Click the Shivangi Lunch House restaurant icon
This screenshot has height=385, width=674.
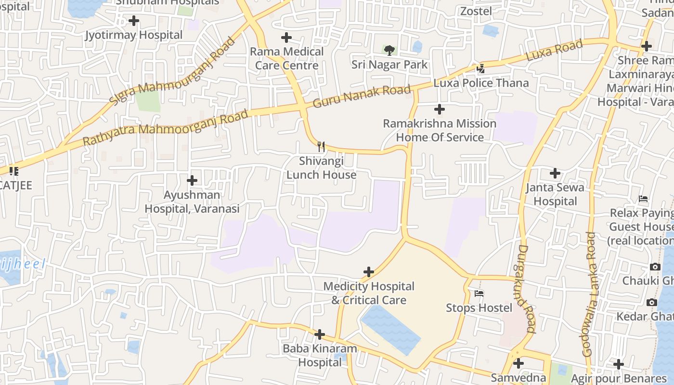click(x=321, y=146)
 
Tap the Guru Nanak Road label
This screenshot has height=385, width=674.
click(x=362, y=96)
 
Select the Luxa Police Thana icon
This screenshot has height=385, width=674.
click(x=480, y=69)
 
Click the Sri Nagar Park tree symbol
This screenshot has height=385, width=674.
click(x=389, y=50)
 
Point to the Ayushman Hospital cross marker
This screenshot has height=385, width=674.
click(x=192, y=180)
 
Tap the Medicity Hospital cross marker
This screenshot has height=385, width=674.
click(x=369, y=272)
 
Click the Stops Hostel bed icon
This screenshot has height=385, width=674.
click(x=479, y=293)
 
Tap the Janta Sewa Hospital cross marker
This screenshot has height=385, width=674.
click(x=555, y=173)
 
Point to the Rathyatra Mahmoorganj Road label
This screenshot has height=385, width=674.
click(x=166, y=128)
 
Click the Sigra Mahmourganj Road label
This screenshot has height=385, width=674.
click(x=171, y=71)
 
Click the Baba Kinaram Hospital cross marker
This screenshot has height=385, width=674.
click(x=320, y=334)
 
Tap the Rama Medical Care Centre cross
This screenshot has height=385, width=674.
click(x=286, y=38)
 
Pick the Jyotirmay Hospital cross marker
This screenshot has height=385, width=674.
click(x=134, y=21)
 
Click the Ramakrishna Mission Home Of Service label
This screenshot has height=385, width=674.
click(x=440, y=130)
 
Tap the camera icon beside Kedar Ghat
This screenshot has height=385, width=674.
click(x=652, y=302)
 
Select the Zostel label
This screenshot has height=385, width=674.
click(x=476, y=11)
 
